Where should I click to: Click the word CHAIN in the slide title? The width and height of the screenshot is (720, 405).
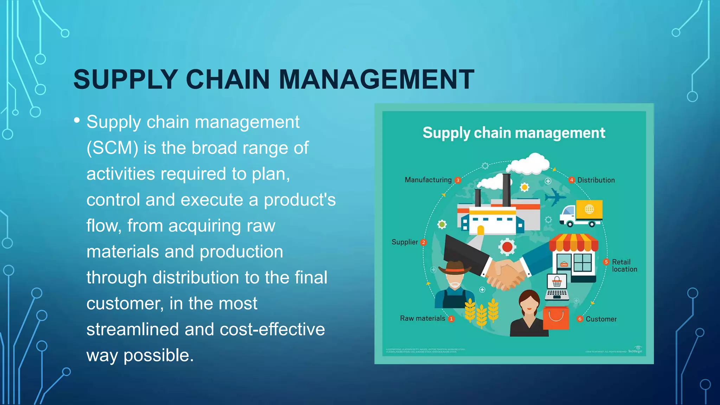(x=227, y=79)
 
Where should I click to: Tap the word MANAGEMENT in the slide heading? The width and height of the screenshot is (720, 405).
(x=376, y=79)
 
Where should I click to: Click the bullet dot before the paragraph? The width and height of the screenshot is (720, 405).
(x=77, y=120)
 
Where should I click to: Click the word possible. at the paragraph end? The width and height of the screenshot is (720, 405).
(x=159, y=355)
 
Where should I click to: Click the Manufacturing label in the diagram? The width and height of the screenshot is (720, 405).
(x=428, y=180)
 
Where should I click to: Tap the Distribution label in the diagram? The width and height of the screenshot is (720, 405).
(x=596, y=180)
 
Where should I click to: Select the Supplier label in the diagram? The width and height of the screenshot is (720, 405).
(x=405, y=242)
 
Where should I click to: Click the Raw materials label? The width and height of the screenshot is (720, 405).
(x=422, y=319)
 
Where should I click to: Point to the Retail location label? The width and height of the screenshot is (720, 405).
(x=624, y=266)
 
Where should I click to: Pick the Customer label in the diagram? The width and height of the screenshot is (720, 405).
(x=601, y=319)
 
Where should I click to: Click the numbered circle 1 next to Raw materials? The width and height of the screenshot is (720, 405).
(x=451, y=319)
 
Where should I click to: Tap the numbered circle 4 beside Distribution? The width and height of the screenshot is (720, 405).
(x=572, y=180)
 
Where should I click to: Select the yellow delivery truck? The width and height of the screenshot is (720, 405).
(x=582, y=213)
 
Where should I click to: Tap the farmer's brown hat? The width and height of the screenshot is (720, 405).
(x=455, y=268)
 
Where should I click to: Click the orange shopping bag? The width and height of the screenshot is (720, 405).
(x=556, y=317)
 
